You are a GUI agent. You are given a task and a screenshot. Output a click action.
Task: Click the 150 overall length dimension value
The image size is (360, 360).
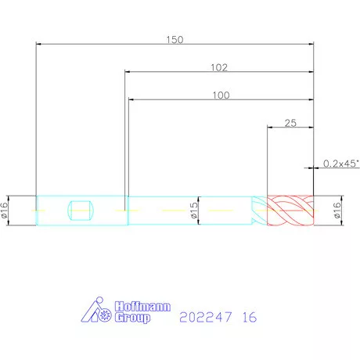175,40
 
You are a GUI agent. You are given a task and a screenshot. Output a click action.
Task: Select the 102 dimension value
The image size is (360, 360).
219,67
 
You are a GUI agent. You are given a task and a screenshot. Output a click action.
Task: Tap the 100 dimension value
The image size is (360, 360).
221,95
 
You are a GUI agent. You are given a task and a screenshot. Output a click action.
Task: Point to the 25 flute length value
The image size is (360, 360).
290,123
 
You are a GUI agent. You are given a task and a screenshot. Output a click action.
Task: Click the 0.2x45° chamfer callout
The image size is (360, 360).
341,164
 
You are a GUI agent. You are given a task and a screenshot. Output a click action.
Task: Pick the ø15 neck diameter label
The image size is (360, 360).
194,211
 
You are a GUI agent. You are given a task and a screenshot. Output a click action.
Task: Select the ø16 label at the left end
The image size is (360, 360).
5,211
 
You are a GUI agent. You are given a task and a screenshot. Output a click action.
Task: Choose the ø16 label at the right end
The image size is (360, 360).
337,211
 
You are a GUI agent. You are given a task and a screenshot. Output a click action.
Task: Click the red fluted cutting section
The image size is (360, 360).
290,211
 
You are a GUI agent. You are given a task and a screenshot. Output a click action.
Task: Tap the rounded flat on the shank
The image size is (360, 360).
81,211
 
